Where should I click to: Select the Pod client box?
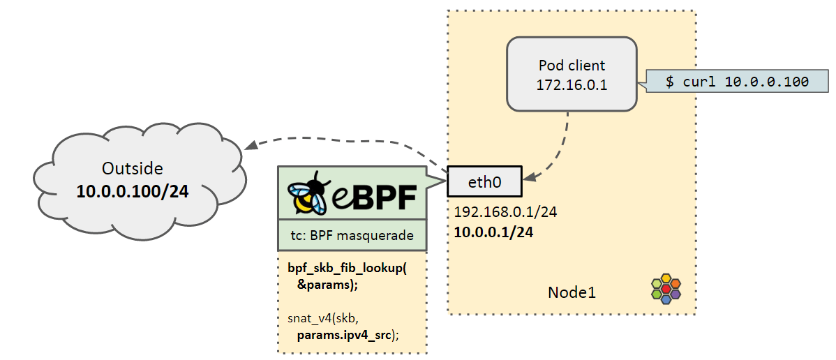(572, 75)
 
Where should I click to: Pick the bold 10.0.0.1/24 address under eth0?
(493, 232)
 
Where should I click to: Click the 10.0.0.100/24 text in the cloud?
(133, 190)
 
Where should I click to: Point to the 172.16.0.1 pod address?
(572, 84)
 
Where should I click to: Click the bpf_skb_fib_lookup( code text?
(346, 269)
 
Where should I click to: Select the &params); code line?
(326, 284)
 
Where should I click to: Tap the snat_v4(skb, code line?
(321, 319)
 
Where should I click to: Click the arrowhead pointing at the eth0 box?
(530, 178)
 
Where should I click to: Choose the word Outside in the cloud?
(132, 168)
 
